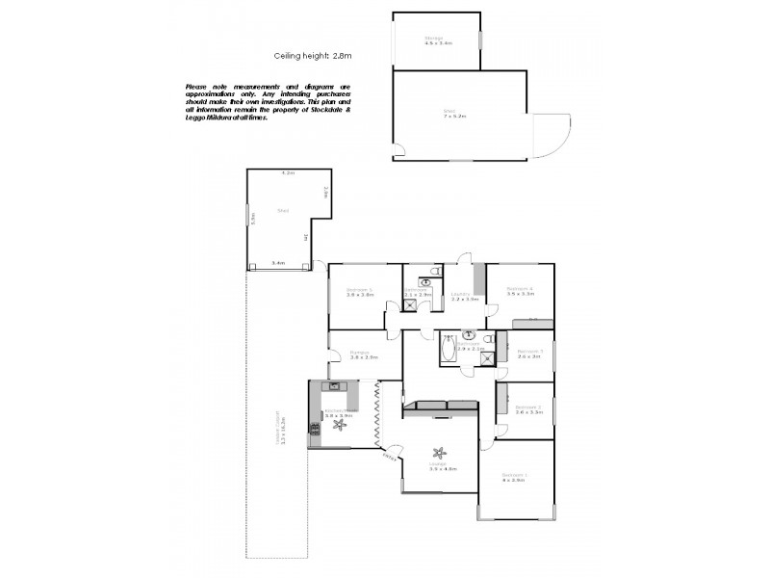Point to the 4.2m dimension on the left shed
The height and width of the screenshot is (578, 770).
[x=287, y=172]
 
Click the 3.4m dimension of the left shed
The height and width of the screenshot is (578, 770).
[x=278, y=262]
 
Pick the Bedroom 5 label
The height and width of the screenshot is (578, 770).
[x=359, y=292]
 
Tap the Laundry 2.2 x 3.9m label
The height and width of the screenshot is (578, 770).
[x=464, y=297]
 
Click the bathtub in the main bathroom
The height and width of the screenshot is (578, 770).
[x=449, y=349]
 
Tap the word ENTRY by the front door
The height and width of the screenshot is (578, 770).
[x=389, y=457]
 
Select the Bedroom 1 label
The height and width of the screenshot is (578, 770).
[x=513, y=477]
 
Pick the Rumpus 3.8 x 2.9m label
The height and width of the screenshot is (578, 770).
[x=363, y=355]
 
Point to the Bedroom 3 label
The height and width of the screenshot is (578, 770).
[x=529, y=353]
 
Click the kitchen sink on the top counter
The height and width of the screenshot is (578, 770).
[x=335, y=386]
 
